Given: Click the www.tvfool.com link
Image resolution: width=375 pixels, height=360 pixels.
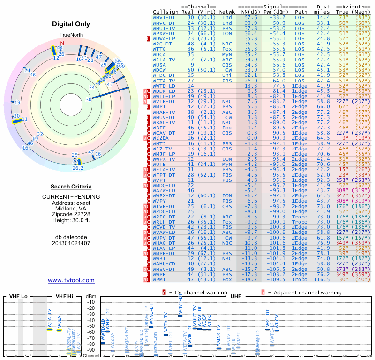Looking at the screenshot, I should pos(71,280).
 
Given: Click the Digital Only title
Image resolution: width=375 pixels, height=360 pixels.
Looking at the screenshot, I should pos(71,24).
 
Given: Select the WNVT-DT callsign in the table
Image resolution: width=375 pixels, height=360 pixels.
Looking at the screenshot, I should pos(164,17).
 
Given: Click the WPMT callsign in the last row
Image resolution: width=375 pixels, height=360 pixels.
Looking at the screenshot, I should pos(160,280).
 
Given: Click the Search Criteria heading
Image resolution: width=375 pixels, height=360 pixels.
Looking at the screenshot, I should pos(71,187).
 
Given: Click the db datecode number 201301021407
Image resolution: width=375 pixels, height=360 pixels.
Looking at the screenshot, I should pos(71,243).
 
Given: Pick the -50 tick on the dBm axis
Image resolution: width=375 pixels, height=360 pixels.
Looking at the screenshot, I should pos(91,326).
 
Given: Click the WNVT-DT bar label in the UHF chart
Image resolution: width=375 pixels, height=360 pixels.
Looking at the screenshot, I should pos(180,307).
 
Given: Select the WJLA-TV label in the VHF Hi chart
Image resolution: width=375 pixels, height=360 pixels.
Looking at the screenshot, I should pos(50,319).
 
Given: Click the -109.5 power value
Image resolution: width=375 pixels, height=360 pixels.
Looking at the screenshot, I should pos(277,280).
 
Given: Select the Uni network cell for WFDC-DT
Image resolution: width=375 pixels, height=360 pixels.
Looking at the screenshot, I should pos(227,75).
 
